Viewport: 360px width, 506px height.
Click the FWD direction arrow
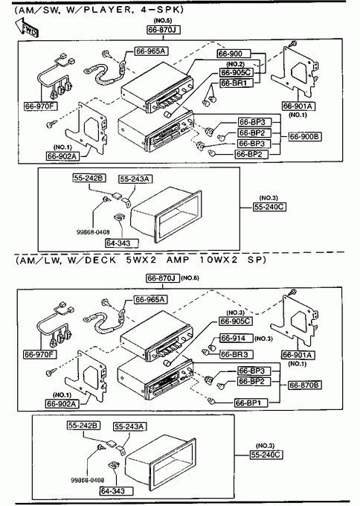(27, 28)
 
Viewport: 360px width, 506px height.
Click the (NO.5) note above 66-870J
(163, 21)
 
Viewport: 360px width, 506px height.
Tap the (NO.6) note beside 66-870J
(190, 278)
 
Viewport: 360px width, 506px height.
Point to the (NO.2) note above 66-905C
(236, 65)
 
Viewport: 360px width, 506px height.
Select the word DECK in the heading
(100, 260)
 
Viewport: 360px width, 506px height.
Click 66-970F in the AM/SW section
(41, 106)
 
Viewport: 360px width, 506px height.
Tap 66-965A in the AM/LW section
(151, 299)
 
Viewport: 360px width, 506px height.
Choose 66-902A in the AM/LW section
(62, 404)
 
